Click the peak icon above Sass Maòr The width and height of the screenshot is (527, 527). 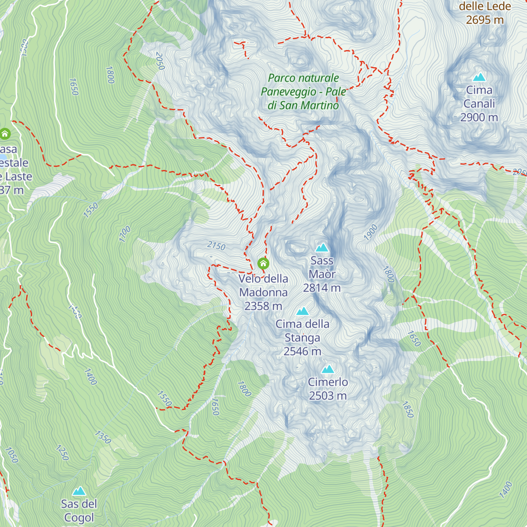tap(322, 248)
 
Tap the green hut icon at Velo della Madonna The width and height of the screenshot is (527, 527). tap(263, 263)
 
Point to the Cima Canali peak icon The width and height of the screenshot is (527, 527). tap(479, 77)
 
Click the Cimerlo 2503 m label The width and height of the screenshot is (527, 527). tap(328, 389)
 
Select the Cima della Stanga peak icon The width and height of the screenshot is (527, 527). tap(302, 311)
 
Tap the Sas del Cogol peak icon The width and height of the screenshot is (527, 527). tap(79, 491)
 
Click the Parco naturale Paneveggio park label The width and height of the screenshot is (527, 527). tap(303, 91)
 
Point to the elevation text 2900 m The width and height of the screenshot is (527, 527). tap(479, 117)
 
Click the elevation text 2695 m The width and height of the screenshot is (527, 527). tap(485, 20)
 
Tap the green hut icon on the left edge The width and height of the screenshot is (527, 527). tap(5, 133)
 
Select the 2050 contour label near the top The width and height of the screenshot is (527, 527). tap(160, 61)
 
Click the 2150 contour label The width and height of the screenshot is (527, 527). tap(216, 245)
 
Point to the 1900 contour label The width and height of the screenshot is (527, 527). tap(371, 232)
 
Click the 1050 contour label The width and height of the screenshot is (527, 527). tap(11, 455)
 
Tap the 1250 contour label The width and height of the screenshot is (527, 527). tap(62, 452)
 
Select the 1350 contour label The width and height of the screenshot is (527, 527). tap(103, 437)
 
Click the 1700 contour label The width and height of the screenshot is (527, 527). tap(125, 234)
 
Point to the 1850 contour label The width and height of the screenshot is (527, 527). tap(408, 409)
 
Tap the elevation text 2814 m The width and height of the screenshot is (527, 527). tap(322, 288)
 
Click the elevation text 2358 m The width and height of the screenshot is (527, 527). tap(263, 306)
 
